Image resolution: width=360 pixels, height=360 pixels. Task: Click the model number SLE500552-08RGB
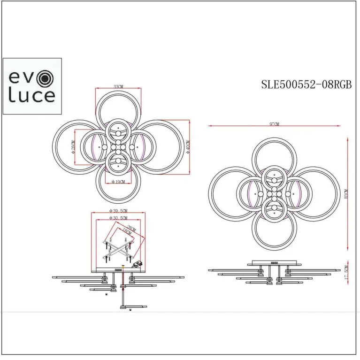coord(306,84)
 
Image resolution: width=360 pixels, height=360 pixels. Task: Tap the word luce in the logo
coord(32,96)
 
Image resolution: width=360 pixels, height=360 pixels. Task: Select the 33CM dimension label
coord(118,87)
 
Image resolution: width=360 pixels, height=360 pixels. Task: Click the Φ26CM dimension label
coord(74,146)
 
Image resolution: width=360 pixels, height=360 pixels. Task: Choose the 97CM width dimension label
coord(275,124)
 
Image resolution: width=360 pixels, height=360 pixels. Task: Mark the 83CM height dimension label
coord(346,193)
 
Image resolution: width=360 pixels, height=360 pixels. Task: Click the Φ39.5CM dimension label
coord(118,211)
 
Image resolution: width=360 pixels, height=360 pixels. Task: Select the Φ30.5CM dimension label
coord(118,218)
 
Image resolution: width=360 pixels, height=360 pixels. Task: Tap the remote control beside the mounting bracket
coord(138,264)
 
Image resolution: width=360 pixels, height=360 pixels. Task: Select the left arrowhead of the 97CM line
coord(210,126)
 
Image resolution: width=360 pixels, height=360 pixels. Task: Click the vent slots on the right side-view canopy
coord(274,263)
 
